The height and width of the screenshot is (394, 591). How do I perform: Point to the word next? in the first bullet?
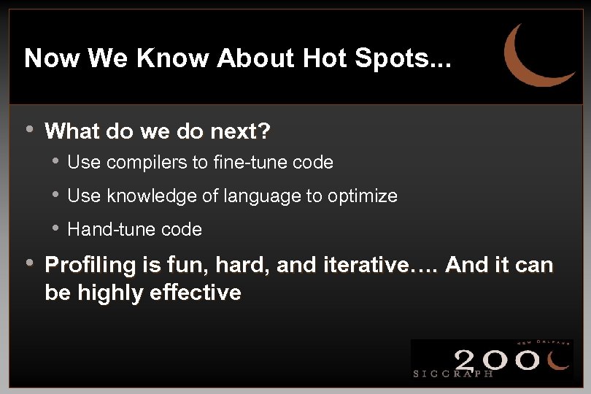click(x=241, y=131)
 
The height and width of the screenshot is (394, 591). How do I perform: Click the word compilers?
click(x=147, y=163)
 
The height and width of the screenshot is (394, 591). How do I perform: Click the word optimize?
click(x=363, y=196)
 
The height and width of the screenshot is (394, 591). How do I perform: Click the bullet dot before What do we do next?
click(x=29, y=130)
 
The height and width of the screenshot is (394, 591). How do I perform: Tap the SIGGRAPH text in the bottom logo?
click(x=453, y=374)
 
